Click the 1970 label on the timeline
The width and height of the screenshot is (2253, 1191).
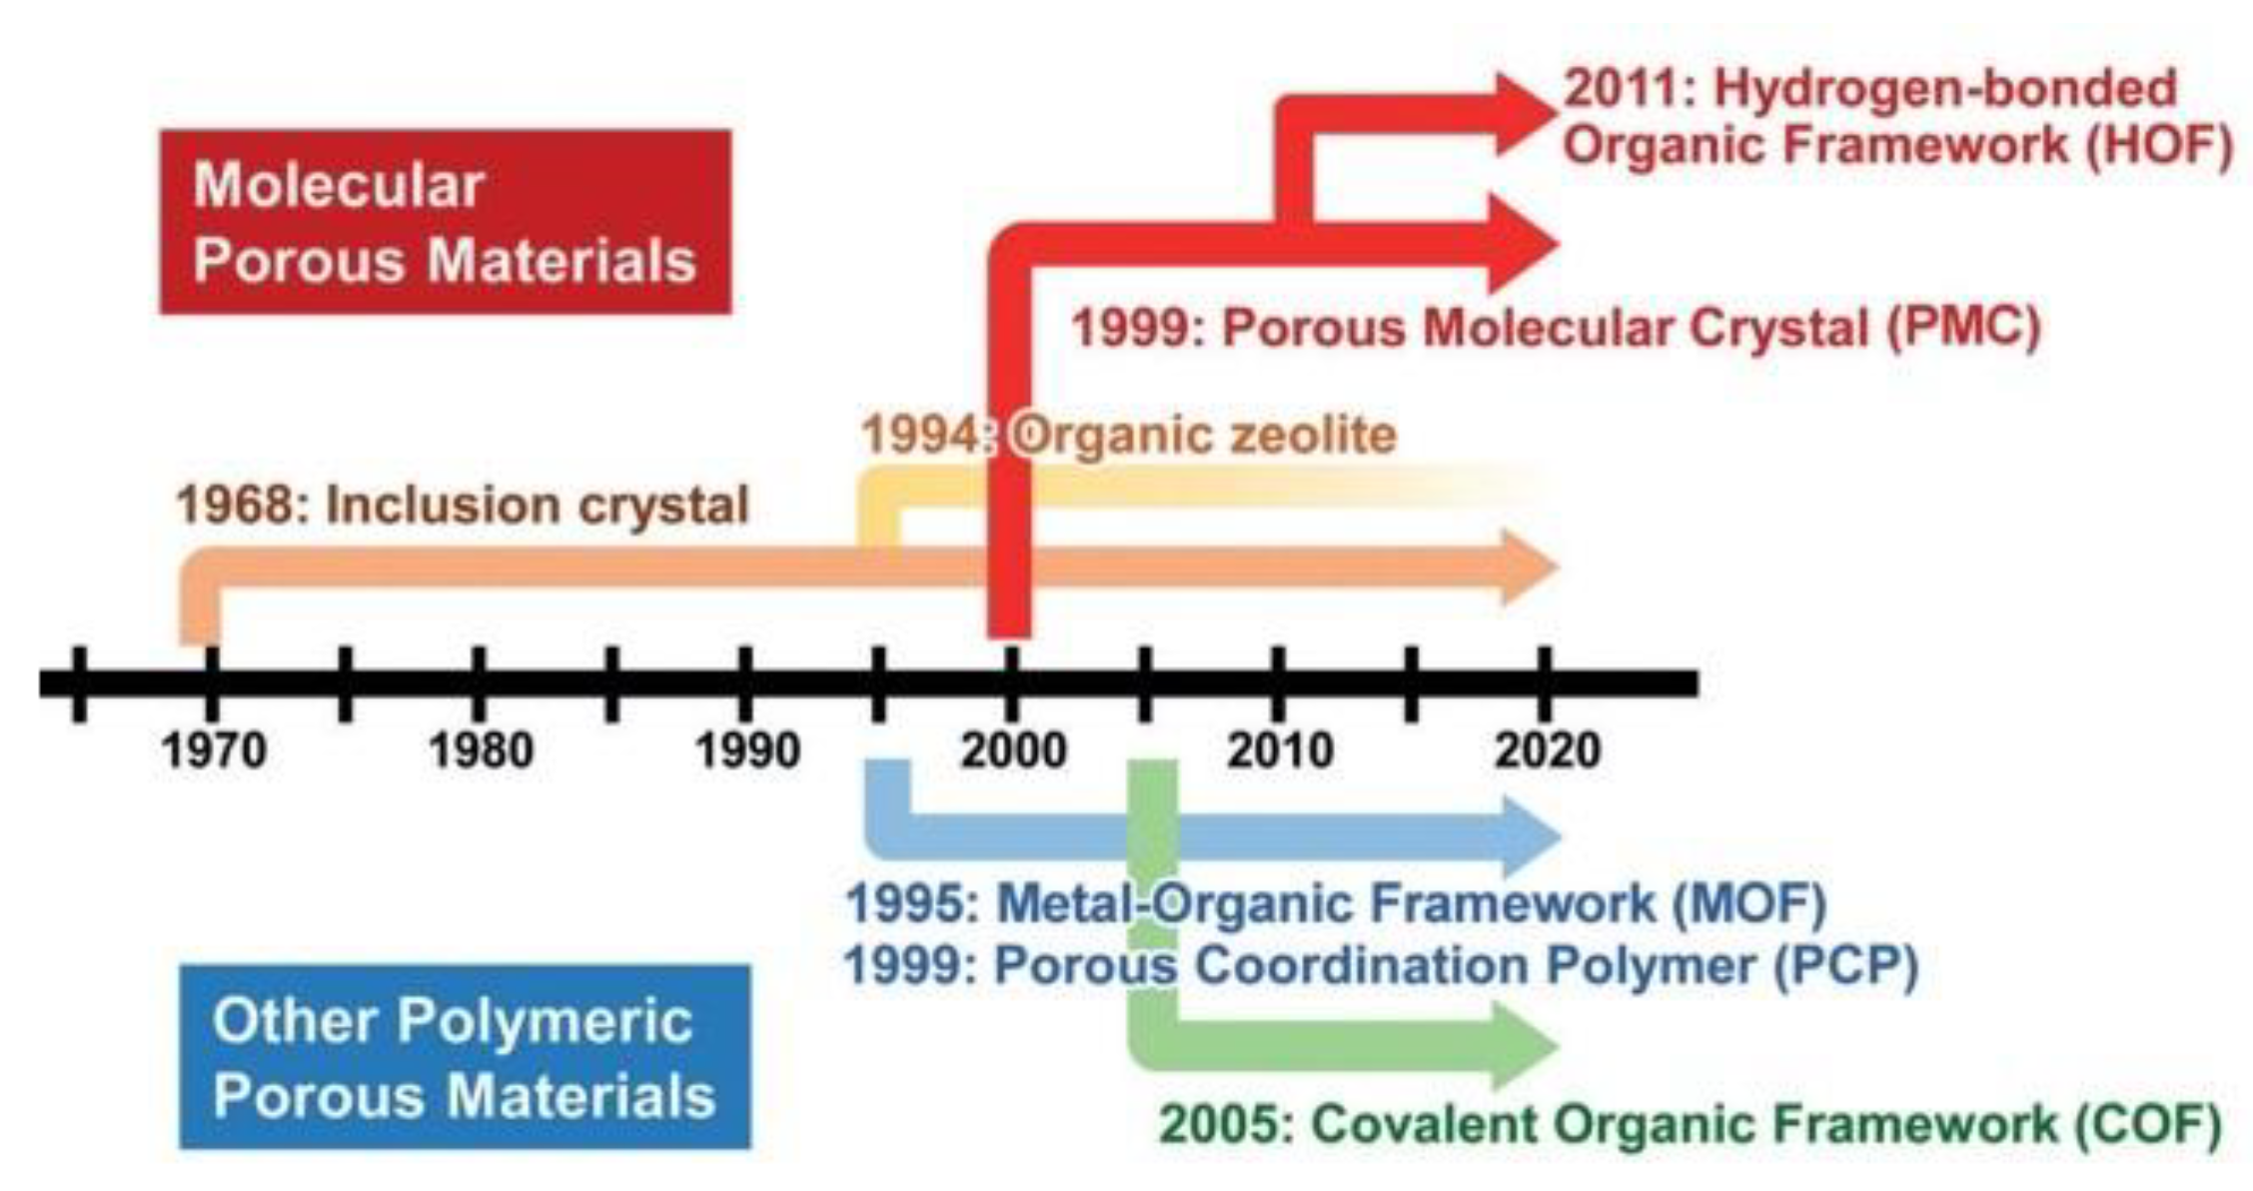tap(214, 749)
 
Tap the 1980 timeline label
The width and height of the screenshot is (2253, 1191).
tap(481, 749)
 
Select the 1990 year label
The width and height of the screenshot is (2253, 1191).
tap(747, 749)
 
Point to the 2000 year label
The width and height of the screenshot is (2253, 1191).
tap(1013, 749)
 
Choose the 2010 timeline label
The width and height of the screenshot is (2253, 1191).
tap(1280, 749)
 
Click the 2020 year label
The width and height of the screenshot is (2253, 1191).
tap(1547, 749)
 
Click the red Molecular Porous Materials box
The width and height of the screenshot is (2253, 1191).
tap(446, 222)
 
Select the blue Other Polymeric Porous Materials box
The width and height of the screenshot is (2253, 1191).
tap(465, 1057)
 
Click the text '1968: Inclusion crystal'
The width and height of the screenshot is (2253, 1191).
tap(463, 505)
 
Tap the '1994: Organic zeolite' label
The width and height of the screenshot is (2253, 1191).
tap(1129, 436)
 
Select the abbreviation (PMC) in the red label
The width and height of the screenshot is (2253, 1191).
tap(1962, 328)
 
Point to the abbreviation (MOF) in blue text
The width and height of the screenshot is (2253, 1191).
tap(1749, 903)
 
